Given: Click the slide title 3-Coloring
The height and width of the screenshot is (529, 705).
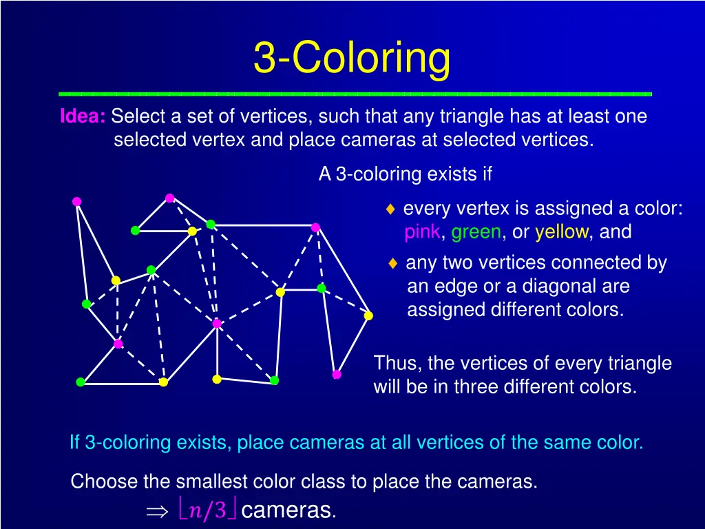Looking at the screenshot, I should [352, 58].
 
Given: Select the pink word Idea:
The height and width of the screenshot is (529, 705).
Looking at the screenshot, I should [82, 116].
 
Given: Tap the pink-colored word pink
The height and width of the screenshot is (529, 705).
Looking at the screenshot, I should [422, 232].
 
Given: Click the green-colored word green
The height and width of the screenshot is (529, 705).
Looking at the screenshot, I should [476, 232].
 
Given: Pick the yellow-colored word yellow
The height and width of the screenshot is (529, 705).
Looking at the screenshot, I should [562, 232].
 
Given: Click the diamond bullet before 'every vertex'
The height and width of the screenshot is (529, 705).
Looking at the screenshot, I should [390, 209].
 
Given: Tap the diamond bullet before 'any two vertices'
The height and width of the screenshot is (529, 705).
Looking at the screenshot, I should [392, 263].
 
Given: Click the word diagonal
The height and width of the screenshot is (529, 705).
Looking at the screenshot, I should [528, 286].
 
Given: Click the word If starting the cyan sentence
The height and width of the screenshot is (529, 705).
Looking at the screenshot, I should [75, 442].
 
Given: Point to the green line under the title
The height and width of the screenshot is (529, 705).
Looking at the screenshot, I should [355, 93].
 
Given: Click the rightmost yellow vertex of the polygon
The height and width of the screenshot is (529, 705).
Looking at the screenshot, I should [368, 315].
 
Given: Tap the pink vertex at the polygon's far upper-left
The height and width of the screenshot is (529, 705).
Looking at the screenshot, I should [77, 201].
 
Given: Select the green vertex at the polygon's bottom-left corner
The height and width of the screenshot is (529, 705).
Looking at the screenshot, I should [81, 382].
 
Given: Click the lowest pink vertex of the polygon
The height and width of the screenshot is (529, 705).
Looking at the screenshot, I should [337, 375].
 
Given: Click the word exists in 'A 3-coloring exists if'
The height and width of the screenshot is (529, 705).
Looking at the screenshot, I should [451, 174].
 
